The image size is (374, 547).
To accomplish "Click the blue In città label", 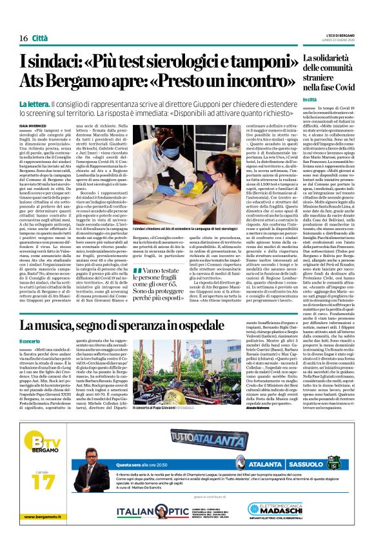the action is [x=310, y=99].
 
